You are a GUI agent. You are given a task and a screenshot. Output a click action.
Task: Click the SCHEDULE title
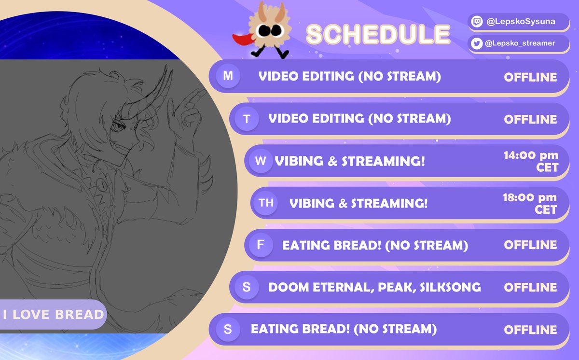[x=378, y=34]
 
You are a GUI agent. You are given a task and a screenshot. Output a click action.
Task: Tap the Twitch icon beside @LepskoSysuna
[x=477, y=21]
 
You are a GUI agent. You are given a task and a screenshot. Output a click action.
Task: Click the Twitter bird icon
[x=477, y=43]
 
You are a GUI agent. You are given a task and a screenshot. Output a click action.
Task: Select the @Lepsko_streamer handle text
[x=520, y=43]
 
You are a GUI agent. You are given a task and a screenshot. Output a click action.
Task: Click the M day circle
[x=228, y=76]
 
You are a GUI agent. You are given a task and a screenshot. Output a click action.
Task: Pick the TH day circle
[x=266, y=203]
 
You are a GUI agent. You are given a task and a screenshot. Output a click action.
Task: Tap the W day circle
[x=260, y=161]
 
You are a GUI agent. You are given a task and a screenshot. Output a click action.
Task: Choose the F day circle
[x=261, y=245]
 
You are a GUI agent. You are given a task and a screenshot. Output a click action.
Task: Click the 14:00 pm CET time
[x=531, y=161]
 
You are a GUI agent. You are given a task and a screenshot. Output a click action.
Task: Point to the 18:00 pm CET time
[x=530, y=203]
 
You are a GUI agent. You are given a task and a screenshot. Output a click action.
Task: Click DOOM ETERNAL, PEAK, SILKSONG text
[x=374, y=287]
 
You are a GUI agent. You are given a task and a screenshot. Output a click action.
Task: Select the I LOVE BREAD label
[x=53, y=315]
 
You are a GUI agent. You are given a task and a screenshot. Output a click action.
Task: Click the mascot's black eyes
[x=270, y=31]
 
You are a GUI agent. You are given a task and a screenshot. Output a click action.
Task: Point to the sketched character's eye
[x=118, y=127]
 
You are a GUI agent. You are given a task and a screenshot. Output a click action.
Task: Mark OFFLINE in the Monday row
[x=530, y=77]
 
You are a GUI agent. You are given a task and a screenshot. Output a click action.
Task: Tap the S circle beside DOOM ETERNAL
[x=247, y=287]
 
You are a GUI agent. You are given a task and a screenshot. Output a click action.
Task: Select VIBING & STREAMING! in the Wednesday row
[x=350, y=161]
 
